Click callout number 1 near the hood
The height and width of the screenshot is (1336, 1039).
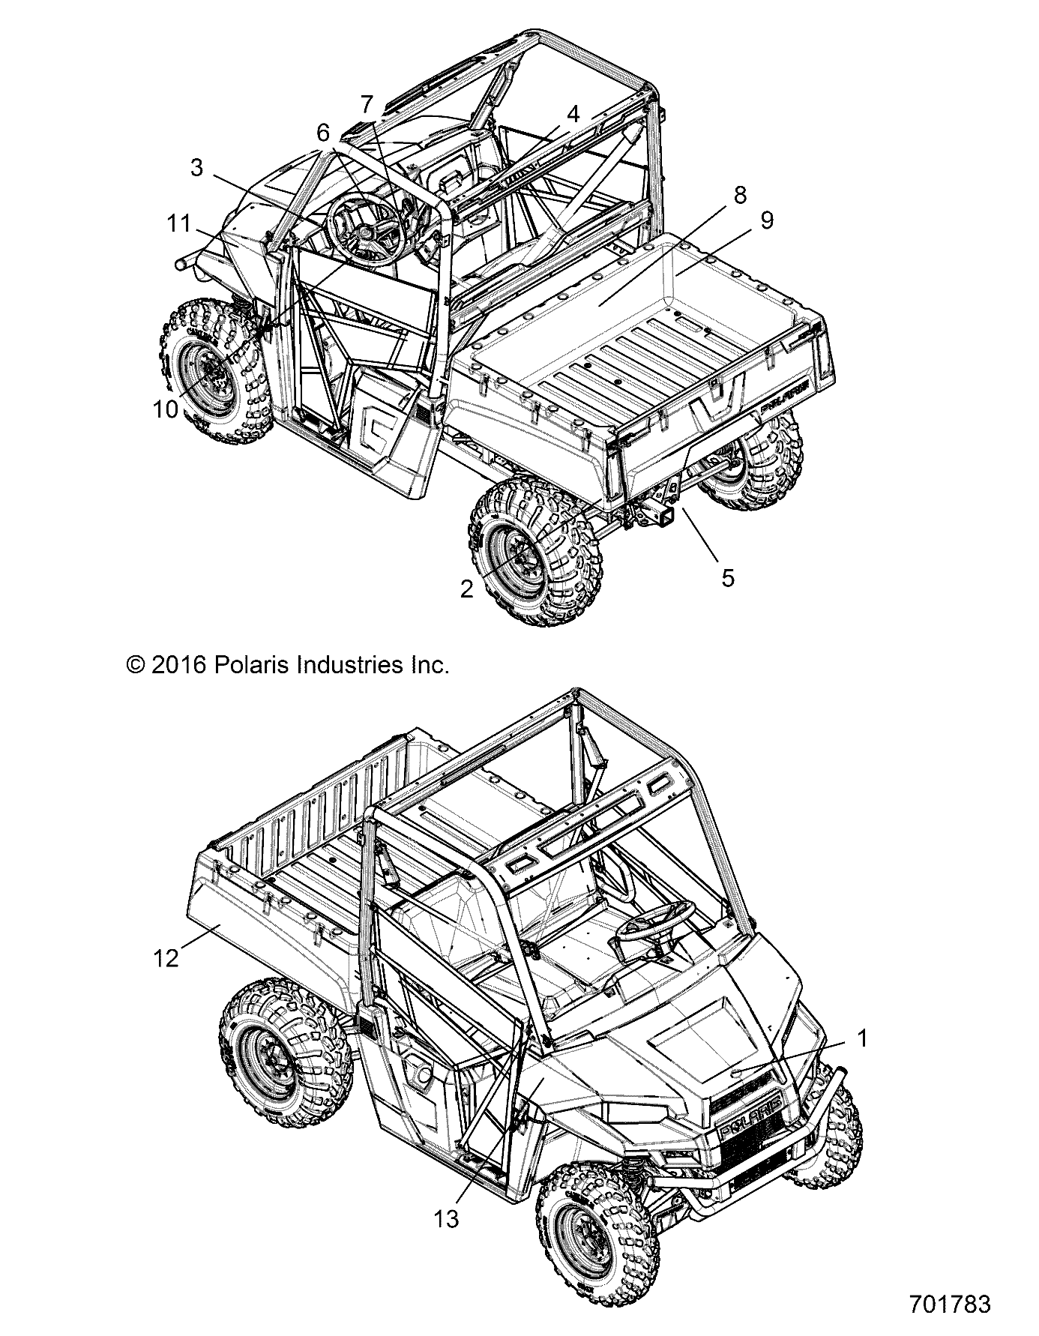coord(862,1038)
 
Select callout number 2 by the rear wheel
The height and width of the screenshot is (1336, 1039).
coord(467,589)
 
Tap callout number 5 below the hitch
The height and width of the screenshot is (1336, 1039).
coord(727,577)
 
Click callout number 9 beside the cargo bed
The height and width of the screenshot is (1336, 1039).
coord(766,220)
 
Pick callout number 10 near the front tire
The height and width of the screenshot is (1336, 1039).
coord(166,409)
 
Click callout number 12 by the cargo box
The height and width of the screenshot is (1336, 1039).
coord(166,957)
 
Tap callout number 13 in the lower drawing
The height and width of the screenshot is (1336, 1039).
coord(446,1220)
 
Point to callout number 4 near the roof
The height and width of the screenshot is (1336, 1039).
coord(573,115)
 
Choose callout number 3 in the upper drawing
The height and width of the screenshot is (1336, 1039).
coord(196,168)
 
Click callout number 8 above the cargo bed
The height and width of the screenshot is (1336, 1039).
coord(740,195)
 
